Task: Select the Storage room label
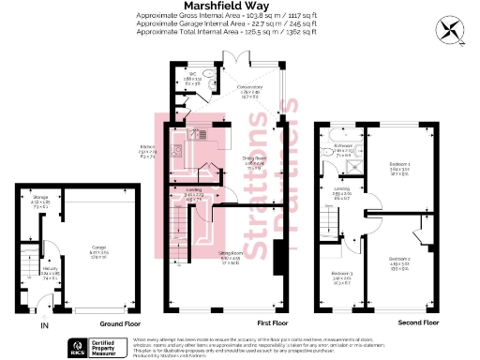[42, 201]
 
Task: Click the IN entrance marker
[43, 325]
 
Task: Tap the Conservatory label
[250, 90]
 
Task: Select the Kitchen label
[147, 148]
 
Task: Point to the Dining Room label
[255, 160]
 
